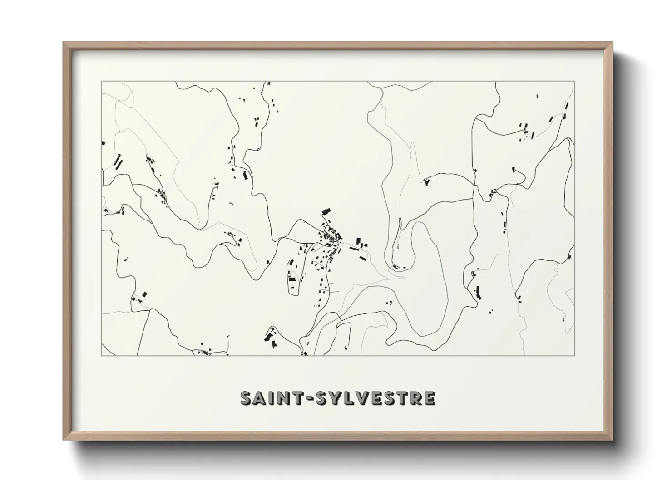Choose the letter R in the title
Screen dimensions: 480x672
415,397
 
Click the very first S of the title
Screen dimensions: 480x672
247,397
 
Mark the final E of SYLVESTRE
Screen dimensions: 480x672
429,397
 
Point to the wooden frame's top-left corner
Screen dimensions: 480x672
64,43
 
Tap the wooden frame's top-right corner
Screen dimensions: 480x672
612,43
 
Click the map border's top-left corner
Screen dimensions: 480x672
101,82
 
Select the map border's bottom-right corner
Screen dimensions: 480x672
574,355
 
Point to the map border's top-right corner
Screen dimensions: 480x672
574,82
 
